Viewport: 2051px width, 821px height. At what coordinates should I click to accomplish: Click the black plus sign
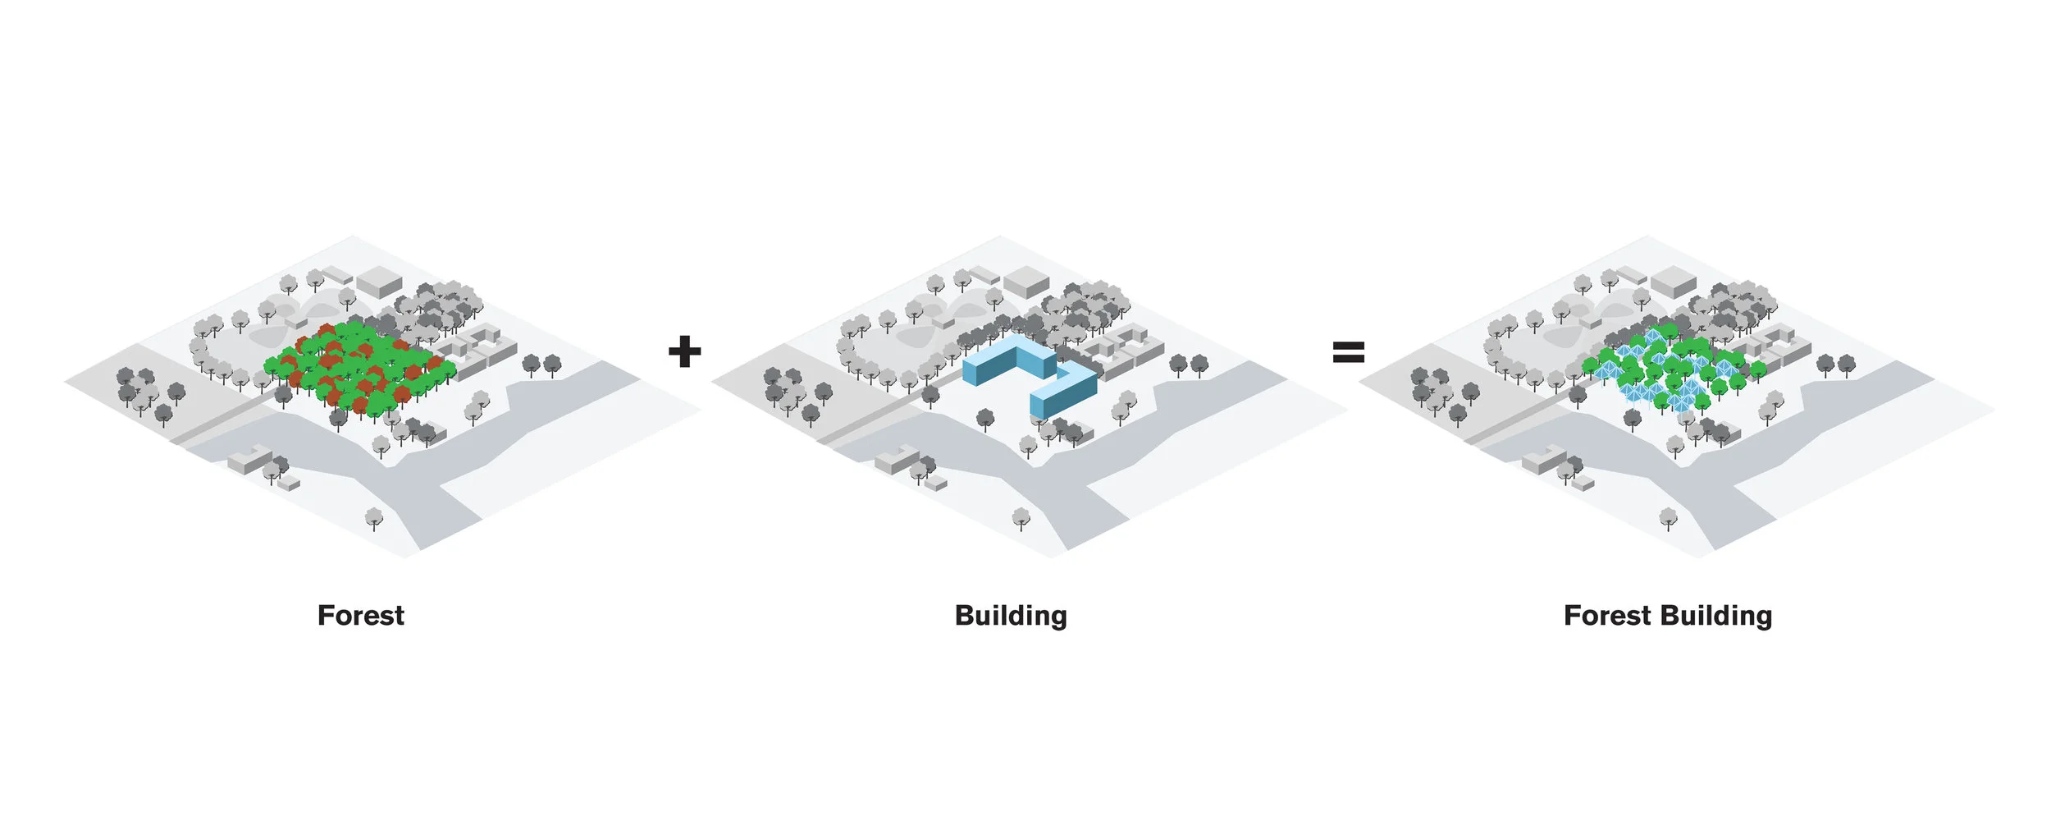(x=684, y=351)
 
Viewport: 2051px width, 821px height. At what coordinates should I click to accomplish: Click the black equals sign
(x=1348, y=352)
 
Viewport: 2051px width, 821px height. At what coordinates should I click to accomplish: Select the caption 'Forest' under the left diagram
(x=360, y=616)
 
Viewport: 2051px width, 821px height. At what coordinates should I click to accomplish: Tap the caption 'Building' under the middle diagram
(x=1011, y=616)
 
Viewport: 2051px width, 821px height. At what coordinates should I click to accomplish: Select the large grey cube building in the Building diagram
(x=1026, y=281)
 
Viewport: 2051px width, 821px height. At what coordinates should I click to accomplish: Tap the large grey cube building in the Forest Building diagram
(x=1673, y=281)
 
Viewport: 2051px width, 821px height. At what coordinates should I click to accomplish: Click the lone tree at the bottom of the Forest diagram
(x=374, y=517)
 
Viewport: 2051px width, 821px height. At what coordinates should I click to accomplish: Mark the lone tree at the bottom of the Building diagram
(x=1021, y=517)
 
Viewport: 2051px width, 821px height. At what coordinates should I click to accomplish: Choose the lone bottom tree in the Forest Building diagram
(x=1668, y=517)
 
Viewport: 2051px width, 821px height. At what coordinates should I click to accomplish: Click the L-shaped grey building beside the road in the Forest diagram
(x=249, y=460)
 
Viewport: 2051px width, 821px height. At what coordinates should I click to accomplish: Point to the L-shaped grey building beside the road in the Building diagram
(x=895, y=460)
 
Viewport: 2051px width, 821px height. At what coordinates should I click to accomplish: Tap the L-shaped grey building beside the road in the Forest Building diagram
(x=1542, y=460)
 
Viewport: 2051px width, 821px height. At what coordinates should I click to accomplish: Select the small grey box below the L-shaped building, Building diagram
(x=935, y=484)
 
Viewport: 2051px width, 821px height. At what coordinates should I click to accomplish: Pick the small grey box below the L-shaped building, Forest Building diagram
(x=1583, y=484)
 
